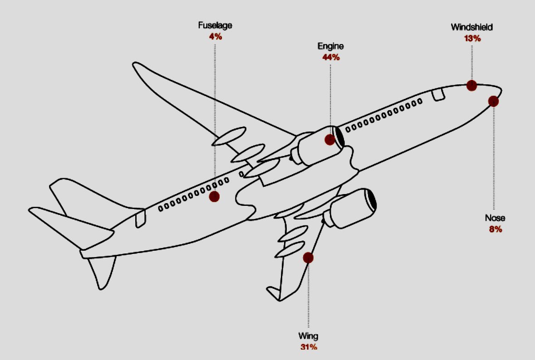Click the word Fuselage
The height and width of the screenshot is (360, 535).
click(215, 25)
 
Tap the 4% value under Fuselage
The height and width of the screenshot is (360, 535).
click(216, 36)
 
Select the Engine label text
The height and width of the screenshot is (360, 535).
click(330, 46)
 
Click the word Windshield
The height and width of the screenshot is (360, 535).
click(471, 27)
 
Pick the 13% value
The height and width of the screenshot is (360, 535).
click(472, 38)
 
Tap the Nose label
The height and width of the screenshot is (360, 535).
click(495, 218)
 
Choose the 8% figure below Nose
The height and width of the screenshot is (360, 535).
click(495, 229)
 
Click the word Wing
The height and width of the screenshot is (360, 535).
click(308, 336)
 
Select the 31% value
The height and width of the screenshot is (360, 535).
click(308, 347)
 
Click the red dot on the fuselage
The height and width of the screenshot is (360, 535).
click(214, 196)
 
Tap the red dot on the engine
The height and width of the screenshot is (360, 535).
click(330, 139)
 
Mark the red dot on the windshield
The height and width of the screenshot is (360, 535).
click(471, 85)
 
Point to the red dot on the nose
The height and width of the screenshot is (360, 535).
click(493, 102)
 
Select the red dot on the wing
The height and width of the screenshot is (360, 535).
click(308, 258)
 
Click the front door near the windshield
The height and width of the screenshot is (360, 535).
click(438, 94)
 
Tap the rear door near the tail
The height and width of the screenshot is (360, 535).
click(140, 218)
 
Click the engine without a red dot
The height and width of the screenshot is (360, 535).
click(352, 209)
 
